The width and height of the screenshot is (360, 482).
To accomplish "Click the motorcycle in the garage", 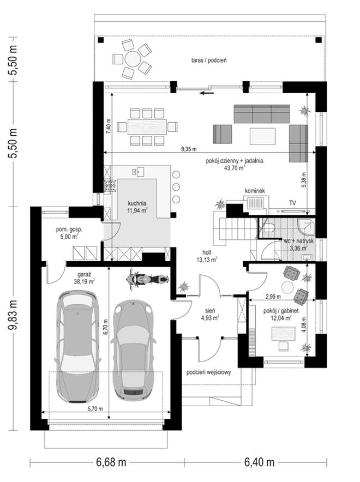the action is point(148,279).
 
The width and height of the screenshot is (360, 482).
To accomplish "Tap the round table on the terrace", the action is point(133,59).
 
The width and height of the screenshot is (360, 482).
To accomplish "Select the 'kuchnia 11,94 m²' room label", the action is point(137,207).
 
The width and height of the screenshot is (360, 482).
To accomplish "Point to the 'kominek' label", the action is point(255,191).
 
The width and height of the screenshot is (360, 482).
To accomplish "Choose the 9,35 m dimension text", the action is point(189,149).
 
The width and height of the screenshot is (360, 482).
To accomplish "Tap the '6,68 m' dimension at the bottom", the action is point(111,462).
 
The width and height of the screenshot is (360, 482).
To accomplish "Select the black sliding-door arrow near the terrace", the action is point(207,93).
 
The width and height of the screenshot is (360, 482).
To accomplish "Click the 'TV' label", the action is point(292,203).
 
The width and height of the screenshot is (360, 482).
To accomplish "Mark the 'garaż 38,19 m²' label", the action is point(84,278).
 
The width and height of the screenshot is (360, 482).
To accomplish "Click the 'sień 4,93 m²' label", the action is point(209,315).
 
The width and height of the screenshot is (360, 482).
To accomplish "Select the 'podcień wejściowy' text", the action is point(209,372).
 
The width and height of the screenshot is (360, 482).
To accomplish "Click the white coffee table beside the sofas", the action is point(262,136).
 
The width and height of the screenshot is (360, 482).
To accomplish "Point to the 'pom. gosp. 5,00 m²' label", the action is point(69,233).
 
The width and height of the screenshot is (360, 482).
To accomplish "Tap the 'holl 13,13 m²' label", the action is point(207,256).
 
